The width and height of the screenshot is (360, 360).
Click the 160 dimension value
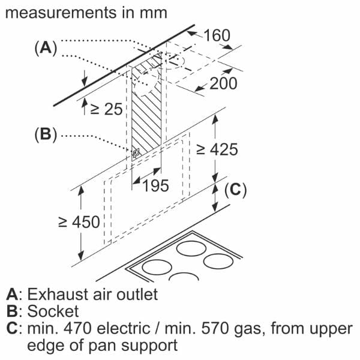(217, 35)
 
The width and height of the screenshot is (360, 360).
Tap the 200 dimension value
(223, 83)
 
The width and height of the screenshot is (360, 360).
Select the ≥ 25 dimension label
(106, 109)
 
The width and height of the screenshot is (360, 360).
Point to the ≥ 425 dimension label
(217, 149)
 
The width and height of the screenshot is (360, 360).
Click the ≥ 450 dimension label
(79, 222)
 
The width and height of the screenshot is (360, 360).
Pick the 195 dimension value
(155, 185)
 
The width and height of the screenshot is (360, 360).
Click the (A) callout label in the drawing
(46, 48)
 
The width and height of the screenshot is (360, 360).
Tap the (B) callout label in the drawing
(46, 134)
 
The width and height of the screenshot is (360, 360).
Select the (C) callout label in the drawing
(235, 190)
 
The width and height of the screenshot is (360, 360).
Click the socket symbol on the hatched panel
(136, 153)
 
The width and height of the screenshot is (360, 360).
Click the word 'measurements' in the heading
(61, 13)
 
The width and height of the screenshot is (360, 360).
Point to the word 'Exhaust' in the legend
(58, 295)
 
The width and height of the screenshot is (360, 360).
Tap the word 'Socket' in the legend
(53, 311)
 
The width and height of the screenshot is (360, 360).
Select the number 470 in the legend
(77, 329)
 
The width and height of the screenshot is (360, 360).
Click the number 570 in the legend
(215, 329)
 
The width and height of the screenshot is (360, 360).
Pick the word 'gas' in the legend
(247, 330)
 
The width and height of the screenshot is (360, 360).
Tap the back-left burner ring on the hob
(191, 248)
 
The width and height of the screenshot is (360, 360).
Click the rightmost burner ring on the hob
(218, 261)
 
